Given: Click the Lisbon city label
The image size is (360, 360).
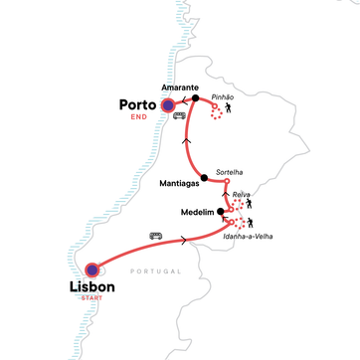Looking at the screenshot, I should coord(91,287).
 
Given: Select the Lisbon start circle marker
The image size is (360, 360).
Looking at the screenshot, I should coord(92,269).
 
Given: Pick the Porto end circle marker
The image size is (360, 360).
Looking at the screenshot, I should coord(169,103).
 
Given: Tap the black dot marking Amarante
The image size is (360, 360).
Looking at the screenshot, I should coord(196,99).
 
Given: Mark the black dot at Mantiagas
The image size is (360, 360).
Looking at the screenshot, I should coord(204,179).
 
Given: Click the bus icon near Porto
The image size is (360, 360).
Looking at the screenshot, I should coord(180,115).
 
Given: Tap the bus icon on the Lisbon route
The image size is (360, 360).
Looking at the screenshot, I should coord(156,236).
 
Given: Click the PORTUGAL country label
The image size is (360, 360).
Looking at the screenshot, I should coord(156,271).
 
